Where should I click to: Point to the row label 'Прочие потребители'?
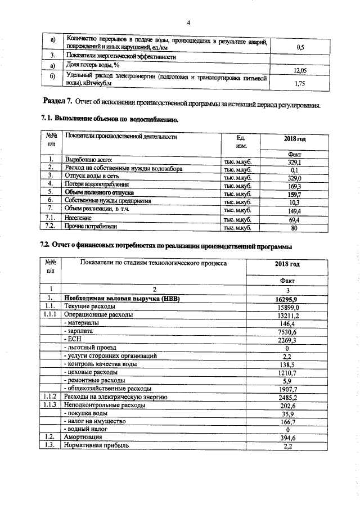[x=91, y=227]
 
